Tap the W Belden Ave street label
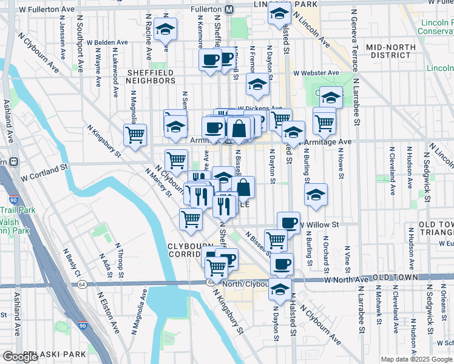click(x=107, y=43)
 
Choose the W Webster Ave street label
click(x=316, y=73)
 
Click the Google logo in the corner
click(x=20, y=357)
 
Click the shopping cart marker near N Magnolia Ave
click(x=135, y=135)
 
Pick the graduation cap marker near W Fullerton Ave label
click(x=165, y=30)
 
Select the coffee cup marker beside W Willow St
click(x=288, y=223)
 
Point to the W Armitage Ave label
click(x=327, y=141)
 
